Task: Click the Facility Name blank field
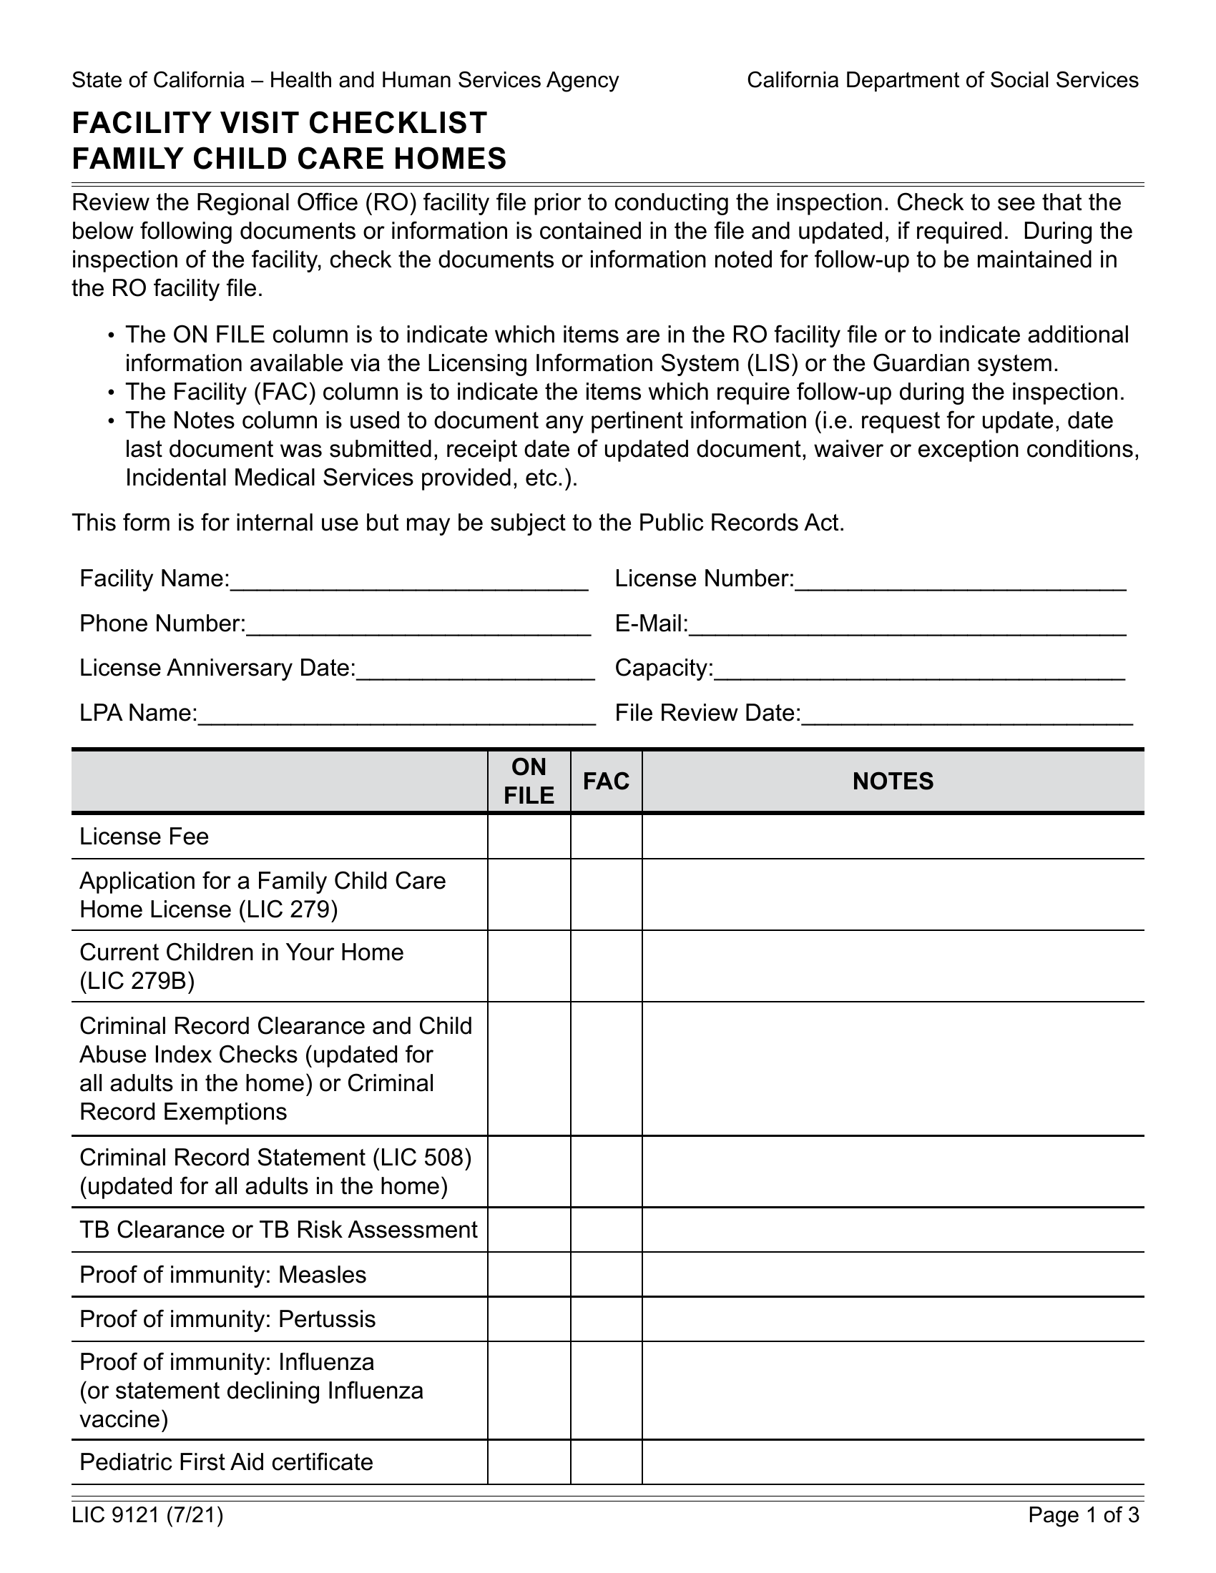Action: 408,581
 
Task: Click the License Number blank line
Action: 959,581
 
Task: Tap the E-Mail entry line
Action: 907,625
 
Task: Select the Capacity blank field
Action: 918,670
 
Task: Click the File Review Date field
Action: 966,714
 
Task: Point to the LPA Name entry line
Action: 396,714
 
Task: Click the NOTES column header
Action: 893,781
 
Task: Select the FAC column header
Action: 606,781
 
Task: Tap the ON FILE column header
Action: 529,781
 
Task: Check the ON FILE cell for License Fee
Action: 529,837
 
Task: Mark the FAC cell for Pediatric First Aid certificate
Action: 606,1461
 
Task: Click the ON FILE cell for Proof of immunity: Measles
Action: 529,1274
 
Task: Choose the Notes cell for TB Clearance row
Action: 893,1230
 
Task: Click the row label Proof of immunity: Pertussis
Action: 227,1318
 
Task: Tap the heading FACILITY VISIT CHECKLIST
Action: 280,123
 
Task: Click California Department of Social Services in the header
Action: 942,80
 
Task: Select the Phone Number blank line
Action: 418,625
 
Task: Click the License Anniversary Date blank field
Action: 476,670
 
